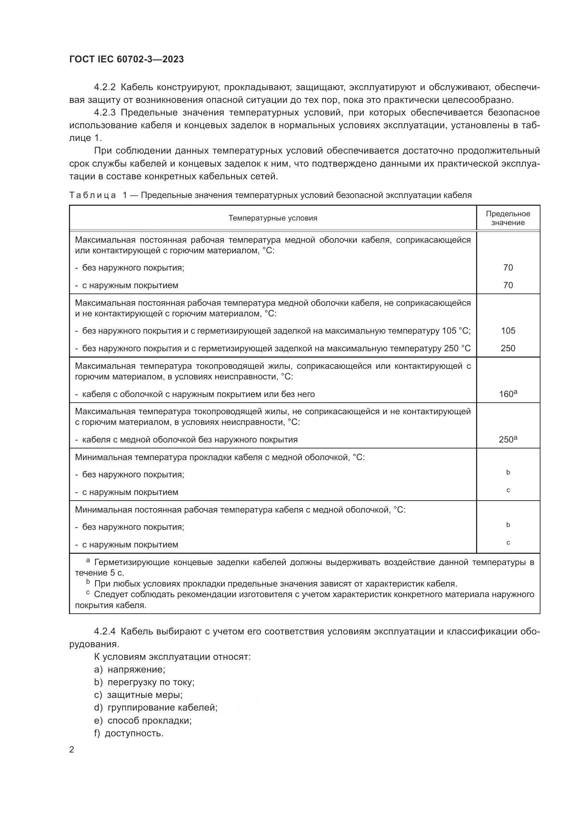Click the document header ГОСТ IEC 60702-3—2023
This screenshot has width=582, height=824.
(x=126, y=60)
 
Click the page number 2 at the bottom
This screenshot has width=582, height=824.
(x=72, y=750)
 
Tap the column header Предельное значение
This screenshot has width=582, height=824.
(x=508, y=218)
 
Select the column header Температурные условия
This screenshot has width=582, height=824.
(x=273, y=218)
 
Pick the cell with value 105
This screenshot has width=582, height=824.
(x=508, y=330)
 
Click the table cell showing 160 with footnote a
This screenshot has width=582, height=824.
(x=508, y=394)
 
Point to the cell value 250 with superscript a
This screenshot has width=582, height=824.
(x=508, y=440)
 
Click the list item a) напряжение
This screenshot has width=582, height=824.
(x=130, y=669)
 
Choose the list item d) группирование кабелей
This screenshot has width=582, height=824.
(x=156, y=708)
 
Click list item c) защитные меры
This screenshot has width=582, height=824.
(x=138, y=695)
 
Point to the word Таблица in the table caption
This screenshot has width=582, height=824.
(x=93, y=195)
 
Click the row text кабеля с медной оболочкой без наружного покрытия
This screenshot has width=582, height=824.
(x=190, y=440)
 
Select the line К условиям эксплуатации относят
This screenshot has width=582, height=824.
(x=172, y=657)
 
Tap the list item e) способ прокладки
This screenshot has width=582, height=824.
(x=143, y=720)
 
